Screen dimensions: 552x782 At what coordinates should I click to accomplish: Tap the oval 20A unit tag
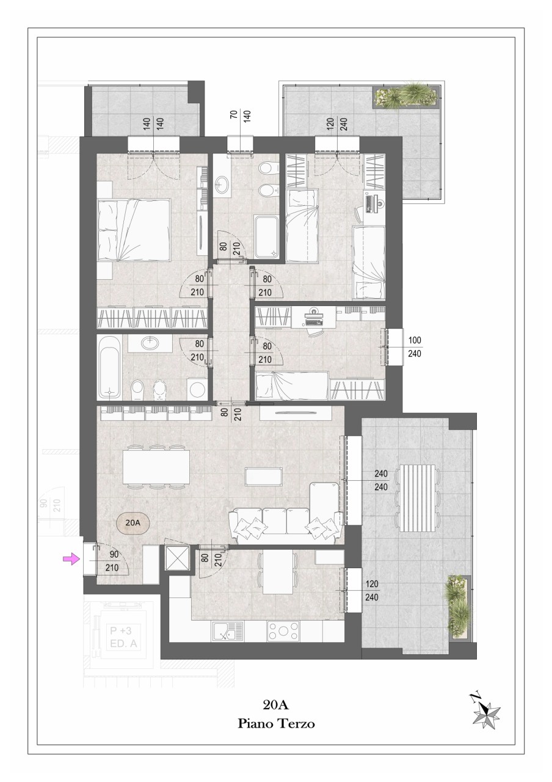(x=133, y=523)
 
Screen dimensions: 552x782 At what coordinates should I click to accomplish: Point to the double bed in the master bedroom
(x=134, y=230)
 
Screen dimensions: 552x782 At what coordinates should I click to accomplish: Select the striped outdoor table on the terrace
(x=417, y=497)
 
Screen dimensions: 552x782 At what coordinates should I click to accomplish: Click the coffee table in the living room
(x=264, y=476)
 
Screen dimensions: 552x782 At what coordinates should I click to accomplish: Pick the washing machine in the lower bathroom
(x=198, y=389)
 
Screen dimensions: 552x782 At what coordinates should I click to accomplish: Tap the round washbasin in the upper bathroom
(x=221, y=183)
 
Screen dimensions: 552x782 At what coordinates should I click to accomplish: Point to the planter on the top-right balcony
(x=407, y=95)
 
